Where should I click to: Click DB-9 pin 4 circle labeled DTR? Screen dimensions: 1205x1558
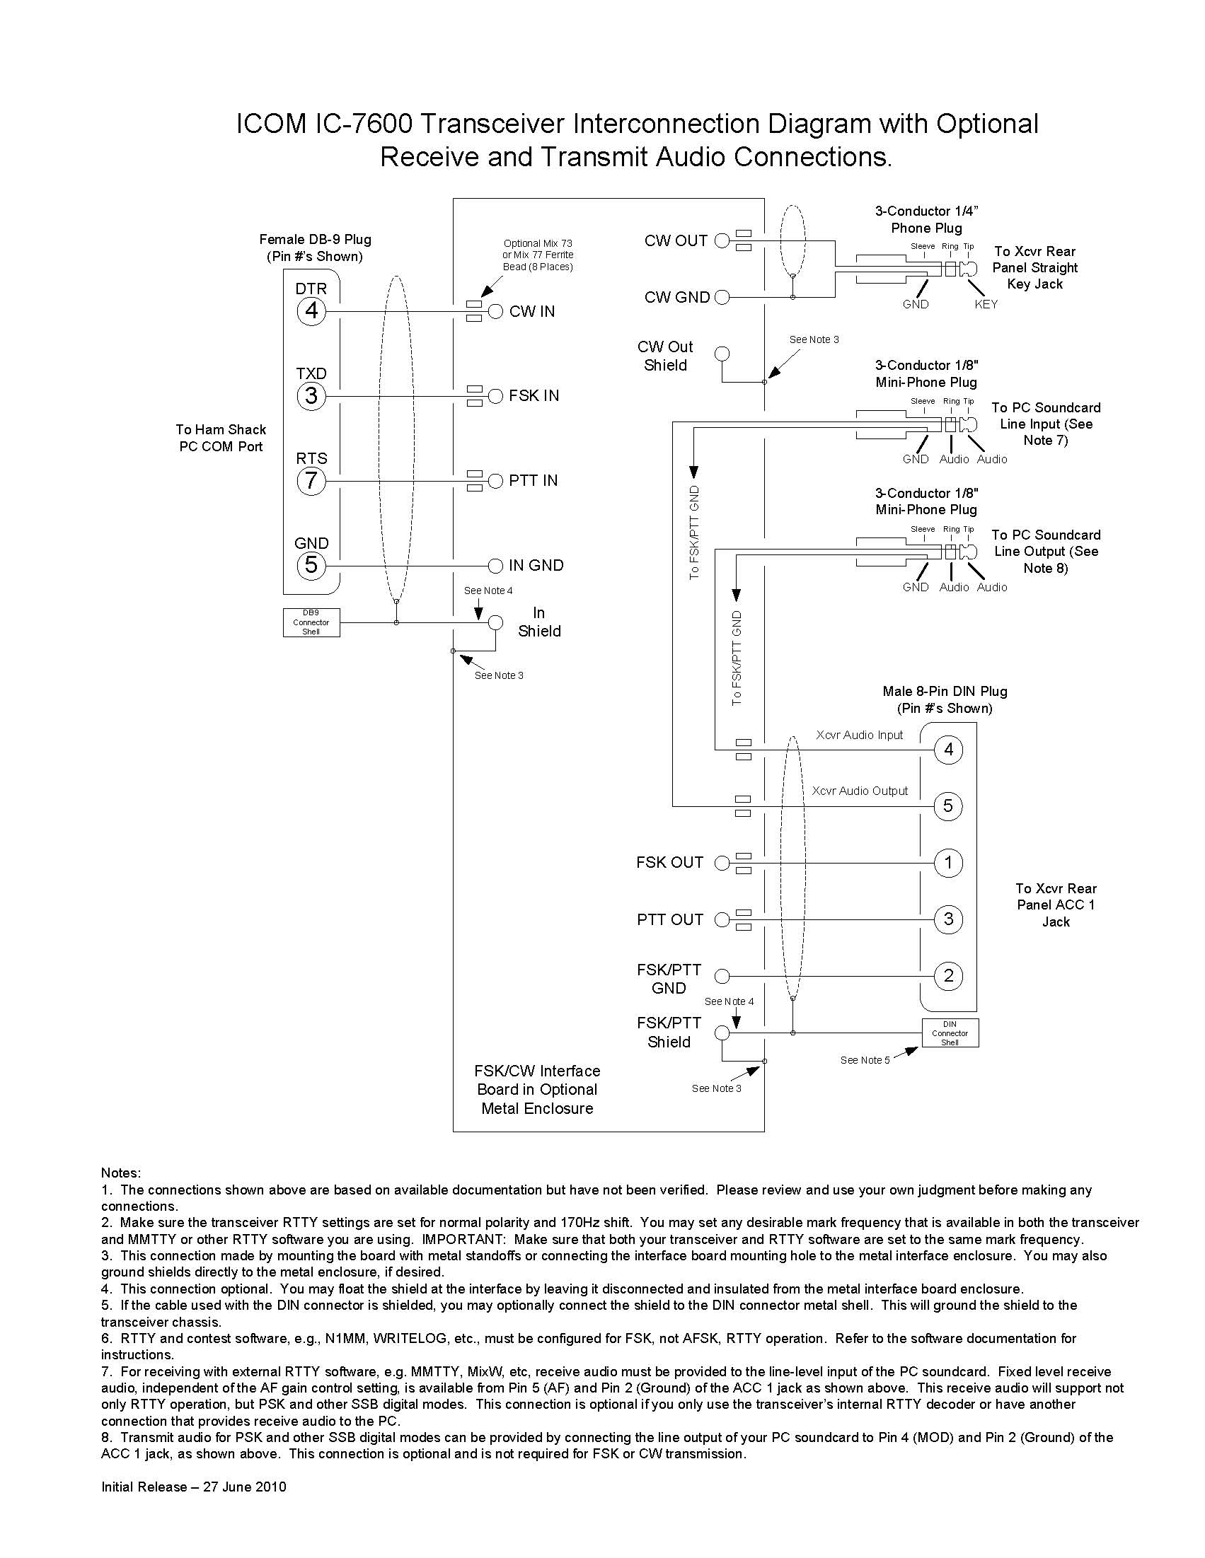311,311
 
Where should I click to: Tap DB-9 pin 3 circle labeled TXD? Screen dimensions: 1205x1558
311,396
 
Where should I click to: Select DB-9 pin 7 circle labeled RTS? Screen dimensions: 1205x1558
311,481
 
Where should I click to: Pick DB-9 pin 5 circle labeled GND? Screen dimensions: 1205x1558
311,566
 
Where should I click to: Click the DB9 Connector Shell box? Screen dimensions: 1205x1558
311,622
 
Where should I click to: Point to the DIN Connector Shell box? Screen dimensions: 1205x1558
950,1033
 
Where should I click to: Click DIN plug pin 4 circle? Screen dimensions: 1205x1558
949,750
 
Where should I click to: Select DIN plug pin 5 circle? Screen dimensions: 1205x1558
949,806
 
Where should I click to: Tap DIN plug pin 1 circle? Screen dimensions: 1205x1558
949,863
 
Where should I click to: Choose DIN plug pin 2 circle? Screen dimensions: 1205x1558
949,976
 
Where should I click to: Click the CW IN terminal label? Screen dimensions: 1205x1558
532,312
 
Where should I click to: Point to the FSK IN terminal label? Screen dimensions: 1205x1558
534,396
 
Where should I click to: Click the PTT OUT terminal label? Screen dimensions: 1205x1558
670,920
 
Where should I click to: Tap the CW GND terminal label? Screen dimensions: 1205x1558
677,298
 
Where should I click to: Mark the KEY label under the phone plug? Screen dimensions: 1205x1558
986,305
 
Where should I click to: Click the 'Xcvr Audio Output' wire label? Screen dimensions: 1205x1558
860,791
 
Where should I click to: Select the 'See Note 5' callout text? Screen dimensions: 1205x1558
865,1060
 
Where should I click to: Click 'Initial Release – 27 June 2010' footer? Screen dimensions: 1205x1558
193,1487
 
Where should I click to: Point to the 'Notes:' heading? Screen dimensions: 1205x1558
122,1173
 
